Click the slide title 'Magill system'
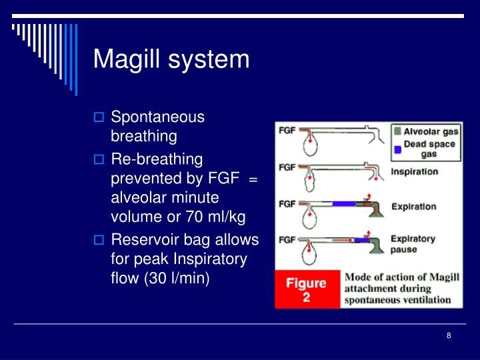click(x=171, y=59)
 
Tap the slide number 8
click(x=449, y=335)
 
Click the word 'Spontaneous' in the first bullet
click(x=157, y=117)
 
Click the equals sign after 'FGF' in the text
click(x=253, y=179)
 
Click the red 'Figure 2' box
click(x=306, y=289)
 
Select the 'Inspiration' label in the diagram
click(x=414, y=171)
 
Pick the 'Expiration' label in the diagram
click(x=413, y=206)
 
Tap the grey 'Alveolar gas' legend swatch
click(x=397, y=131)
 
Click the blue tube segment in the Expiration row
click(x=343, y=203)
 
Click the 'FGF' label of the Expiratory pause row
click(x=287, y=239)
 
